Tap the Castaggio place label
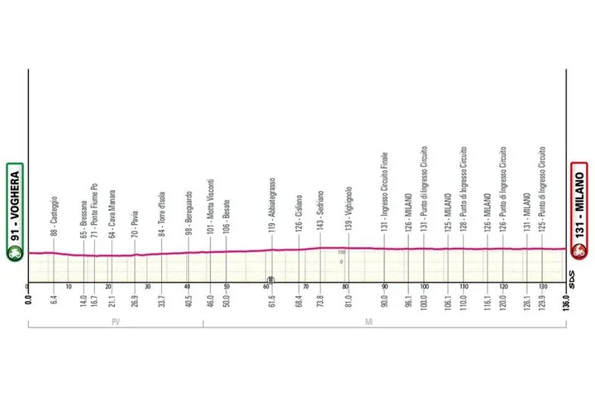point(54,210)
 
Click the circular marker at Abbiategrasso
point(271,279)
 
